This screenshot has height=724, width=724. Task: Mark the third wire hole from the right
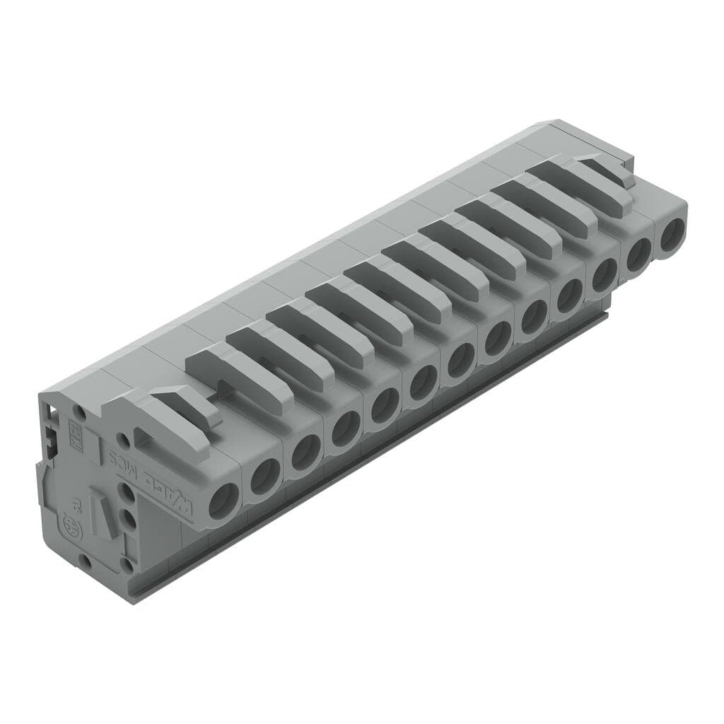pos(604,275)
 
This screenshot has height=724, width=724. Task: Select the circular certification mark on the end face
pos(71,525)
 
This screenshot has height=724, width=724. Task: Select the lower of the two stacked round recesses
pos(129,520)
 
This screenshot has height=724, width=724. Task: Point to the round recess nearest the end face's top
pos(81,410)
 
